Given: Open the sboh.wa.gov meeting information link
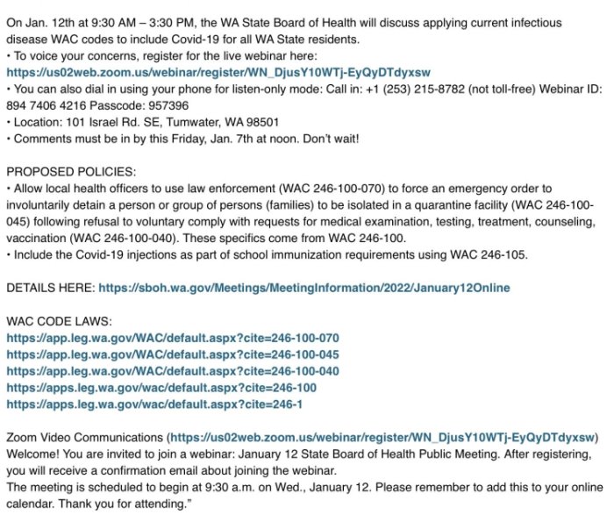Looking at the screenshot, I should (303, 288).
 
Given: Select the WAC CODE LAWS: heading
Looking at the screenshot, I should (59, 321).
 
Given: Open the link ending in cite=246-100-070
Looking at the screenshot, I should (173, 338).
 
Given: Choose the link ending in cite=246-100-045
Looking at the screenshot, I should (173, 354).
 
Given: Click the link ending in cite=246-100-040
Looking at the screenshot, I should (173, 371).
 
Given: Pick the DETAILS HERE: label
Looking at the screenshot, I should (50, 288).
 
